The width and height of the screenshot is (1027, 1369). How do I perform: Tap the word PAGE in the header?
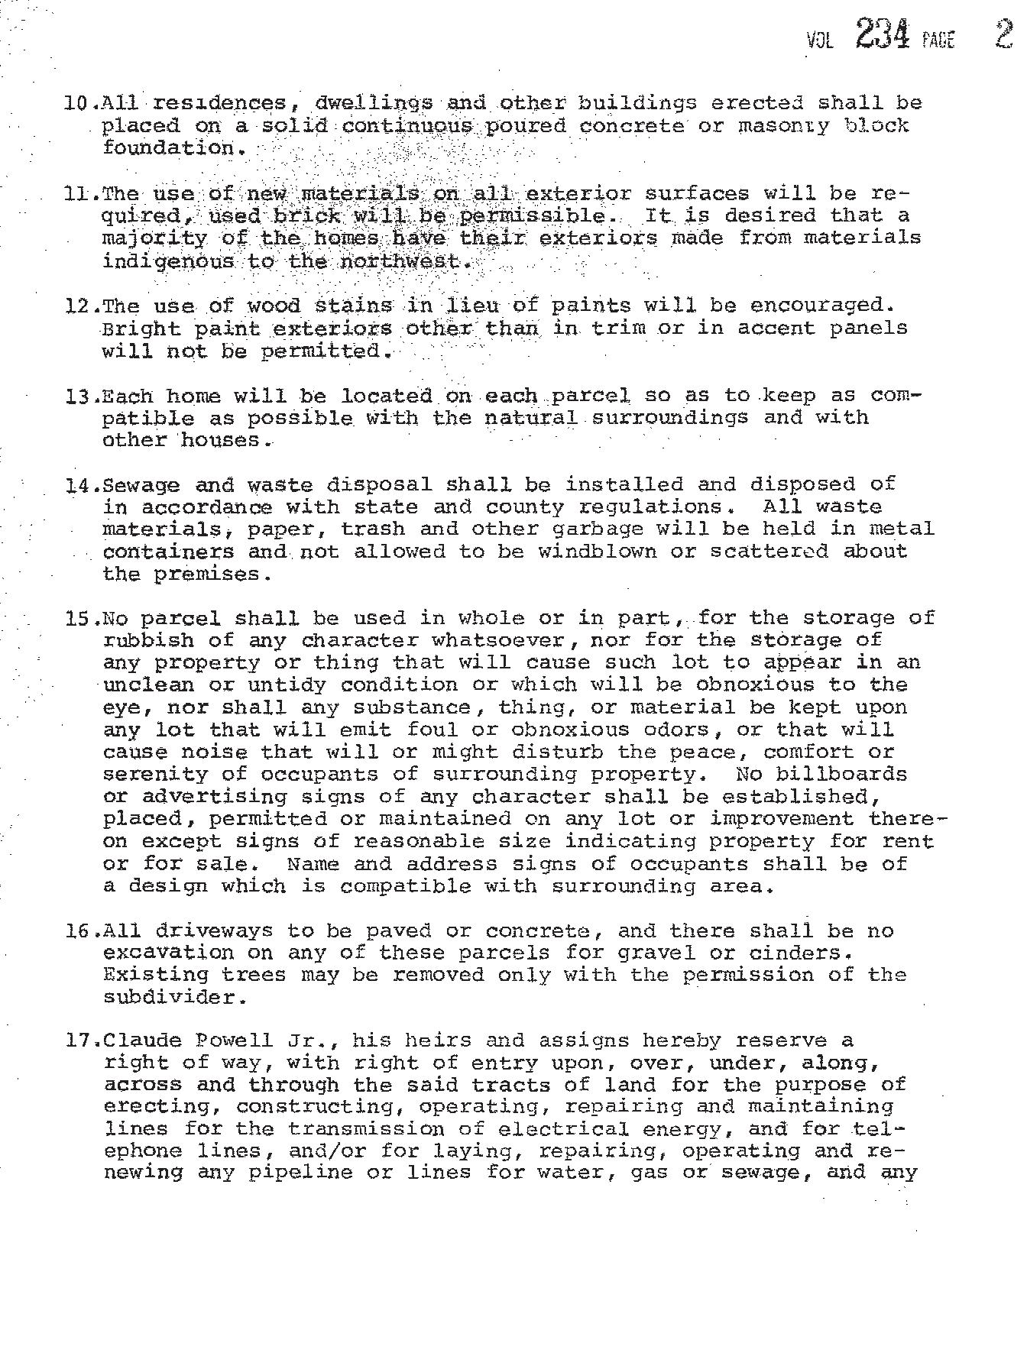(x=938, y=40)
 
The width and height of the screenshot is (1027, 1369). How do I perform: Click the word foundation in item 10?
(x=168, y=147)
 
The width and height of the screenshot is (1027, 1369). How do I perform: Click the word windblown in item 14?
(x=597, y=552)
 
